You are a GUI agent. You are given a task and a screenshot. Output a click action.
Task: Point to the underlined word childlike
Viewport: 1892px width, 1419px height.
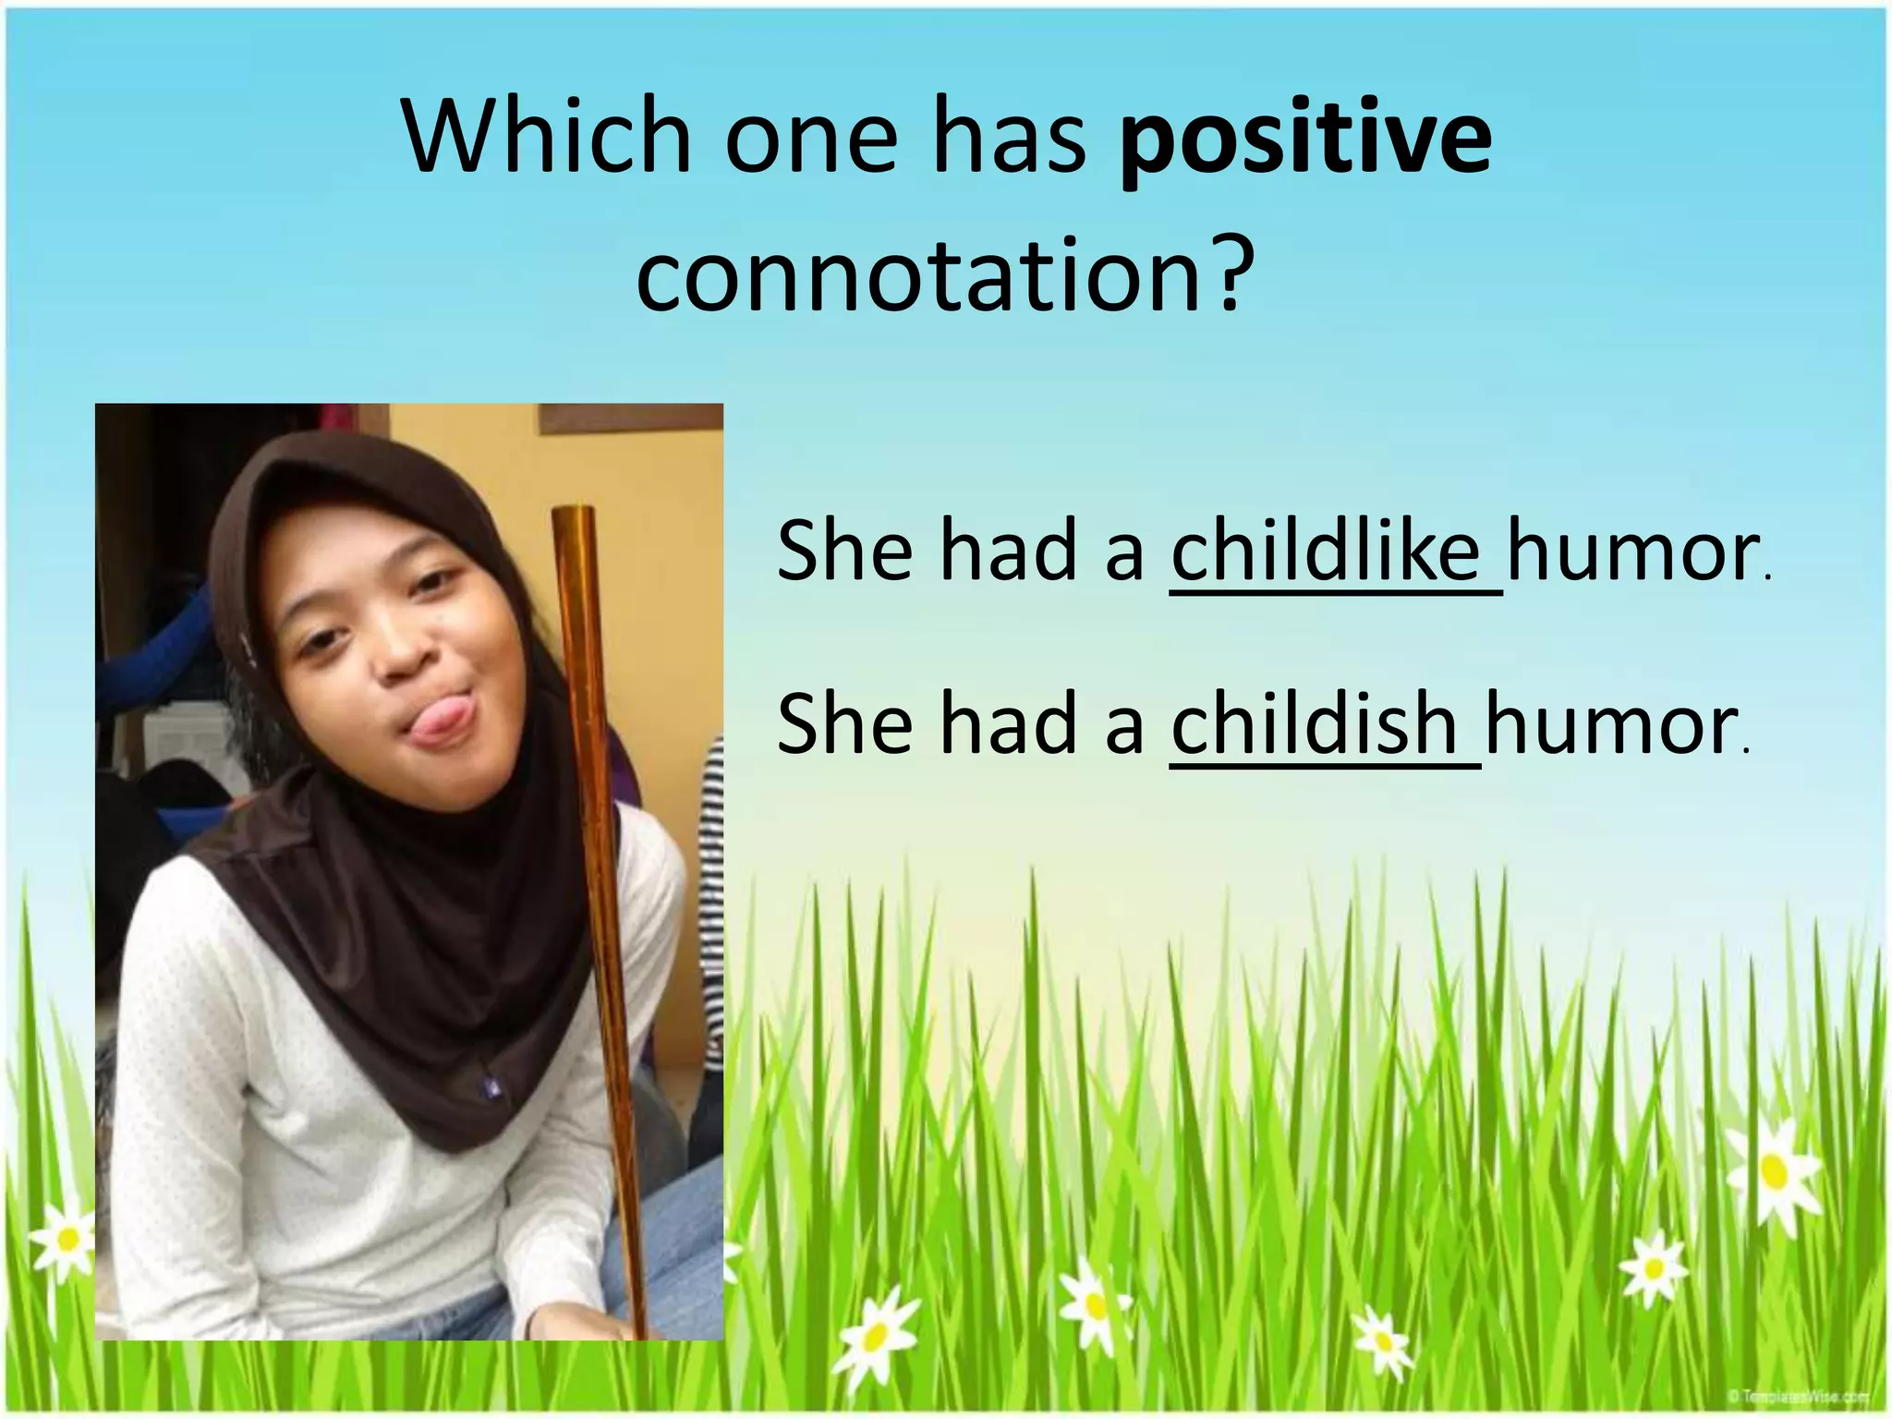tap(1326, 552)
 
